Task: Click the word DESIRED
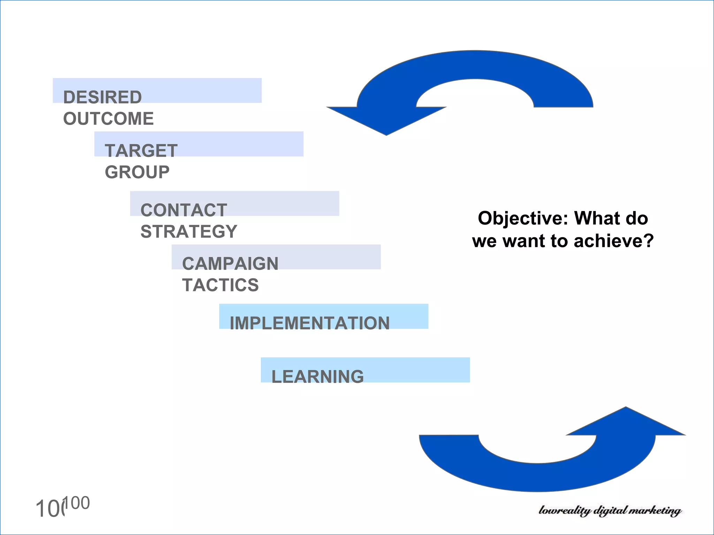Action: tap(102, 97)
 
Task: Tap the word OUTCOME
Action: tap(108, 119)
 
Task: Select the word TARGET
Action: tap(141, 151)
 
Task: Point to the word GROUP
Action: tap(137, 172)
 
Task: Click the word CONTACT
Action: tap(184, 210)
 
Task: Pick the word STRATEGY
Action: tap(189, 232)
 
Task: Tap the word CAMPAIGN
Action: tap(230, 264)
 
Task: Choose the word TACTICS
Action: tap(221, 285)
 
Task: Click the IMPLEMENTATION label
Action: tap(310, 323)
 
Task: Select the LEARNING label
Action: tap(318, 377)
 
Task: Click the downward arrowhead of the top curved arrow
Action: tap(386, 120)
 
